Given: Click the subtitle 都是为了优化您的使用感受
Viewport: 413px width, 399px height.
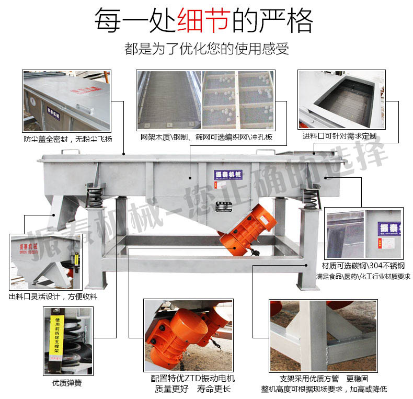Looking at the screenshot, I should point(206,50).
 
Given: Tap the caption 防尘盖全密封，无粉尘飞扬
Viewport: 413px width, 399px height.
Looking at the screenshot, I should point(68,139).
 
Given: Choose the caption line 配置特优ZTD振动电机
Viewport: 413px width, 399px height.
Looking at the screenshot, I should point(192,378).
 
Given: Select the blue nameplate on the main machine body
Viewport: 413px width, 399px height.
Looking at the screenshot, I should point(226,174).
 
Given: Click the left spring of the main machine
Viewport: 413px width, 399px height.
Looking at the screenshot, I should point(95,195).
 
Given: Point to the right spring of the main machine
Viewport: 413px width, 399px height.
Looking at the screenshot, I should point(310,196).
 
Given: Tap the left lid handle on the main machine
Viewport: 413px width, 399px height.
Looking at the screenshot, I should point(72,152).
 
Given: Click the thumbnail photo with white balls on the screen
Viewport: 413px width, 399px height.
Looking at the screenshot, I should point(238,100).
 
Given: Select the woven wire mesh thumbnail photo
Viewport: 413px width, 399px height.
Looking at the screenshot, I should point(168,100).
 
